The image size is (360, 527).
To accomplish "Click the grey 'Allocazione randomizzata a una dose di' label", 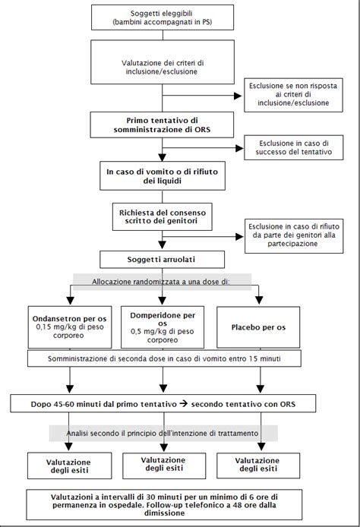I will point(161,282).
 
